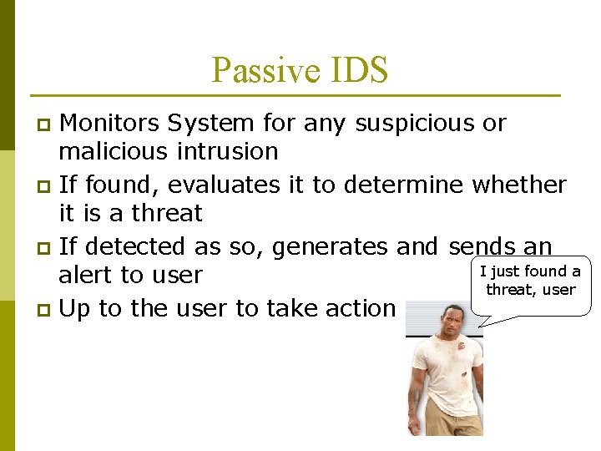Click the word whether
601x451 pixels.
coord(519,185)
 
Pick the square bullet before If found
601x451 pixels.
coord(46,186)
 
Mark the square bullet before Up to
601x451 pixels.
coord(46,310)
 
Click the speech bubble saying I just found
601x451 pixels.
coord(531,281)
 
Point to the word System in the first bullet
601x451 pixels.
coord(210,124)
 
